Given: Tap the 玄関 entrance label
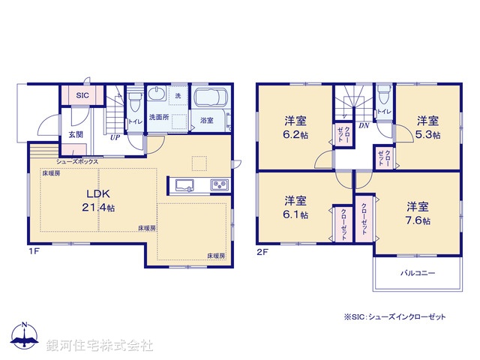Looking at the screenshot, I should pyautogui.click(x=76, y=135).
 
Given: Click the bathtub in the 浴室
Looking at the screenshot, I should pyautogui.click(x=214, y=100).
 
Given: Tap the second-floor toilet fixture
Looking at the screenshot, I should pyautogui.click(x=383, y=93).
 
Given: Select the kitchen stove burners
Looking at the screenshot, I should pyautogui.click(x=219, y=185).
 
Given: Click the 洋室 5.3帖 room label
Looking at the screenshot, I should pyautogui.click(x=427, y=127).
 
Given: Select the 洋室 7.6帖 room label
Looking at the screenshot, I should pyautogui.click(x=417, y=213).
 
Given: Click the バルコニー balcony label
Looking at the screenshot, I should pyautogui.click(x=418, y=274).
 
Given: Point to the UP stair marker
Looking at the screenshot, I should pyautogui.click(x=115, y=138).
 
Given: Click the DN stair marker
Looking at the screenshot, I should pyautogui.click(x=363, y=126).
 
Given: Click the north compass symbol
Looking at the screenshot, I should pyautogui.click(x=25, y=338).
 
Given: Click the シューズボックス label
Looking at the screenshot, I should pyautogui.click(x=76, y=161).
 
